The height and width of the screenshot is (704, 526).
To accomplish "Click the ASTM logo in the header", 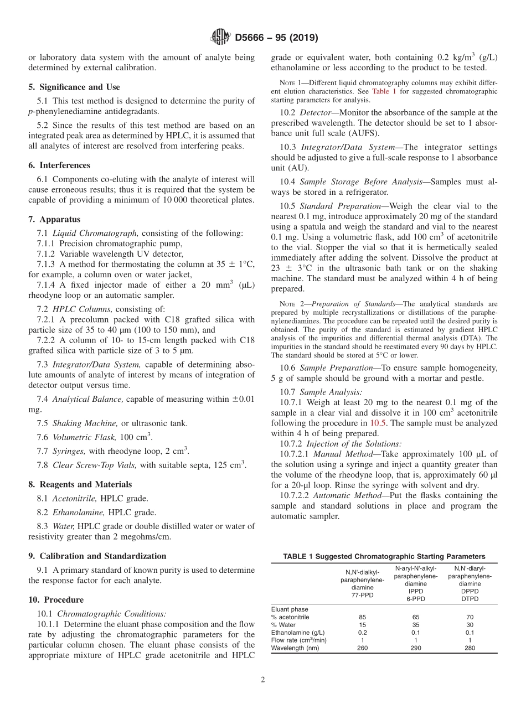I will pos(220,38).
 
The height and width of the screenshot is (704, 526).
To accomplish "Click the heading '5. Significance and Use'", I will pos(74,87).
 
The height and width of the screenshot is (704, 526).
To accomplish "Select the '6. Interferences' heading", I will pos(59,165).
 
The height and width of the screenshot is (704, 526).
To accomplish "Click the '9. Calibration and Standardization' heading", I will pos(97,556).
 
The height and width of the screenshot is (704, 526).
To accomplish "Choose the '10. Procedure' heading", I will pos(56,599).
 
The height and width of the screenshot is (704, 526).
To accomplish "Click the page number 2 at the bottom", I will pos(263,680).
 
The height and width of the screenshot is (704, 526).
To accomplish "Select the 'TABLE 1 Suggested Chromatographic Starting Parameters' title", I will pos(384,556).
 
